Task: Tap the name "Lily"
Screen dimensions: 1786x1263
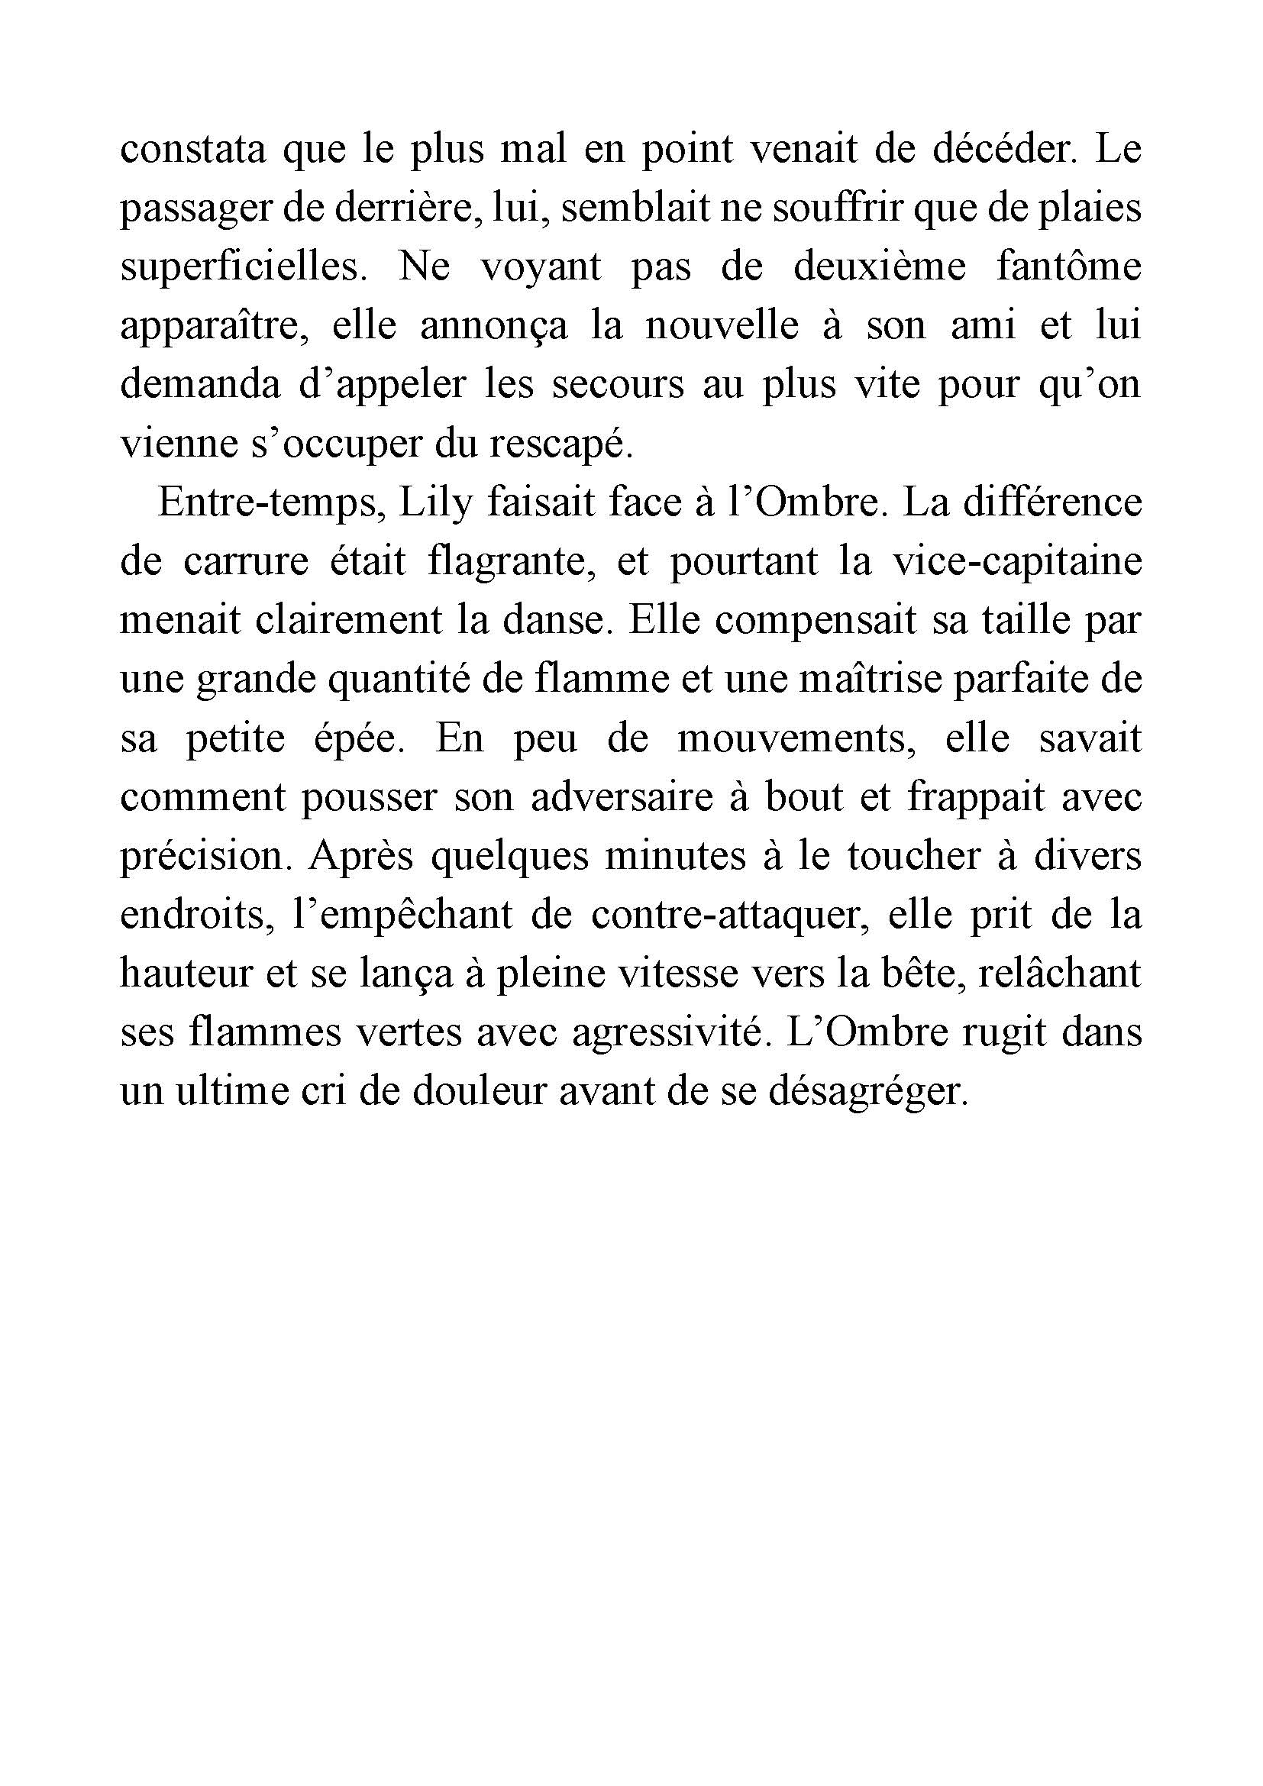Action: click(435, 504)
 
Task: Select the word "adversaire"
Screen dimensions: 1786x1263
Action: click(622, 797)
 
